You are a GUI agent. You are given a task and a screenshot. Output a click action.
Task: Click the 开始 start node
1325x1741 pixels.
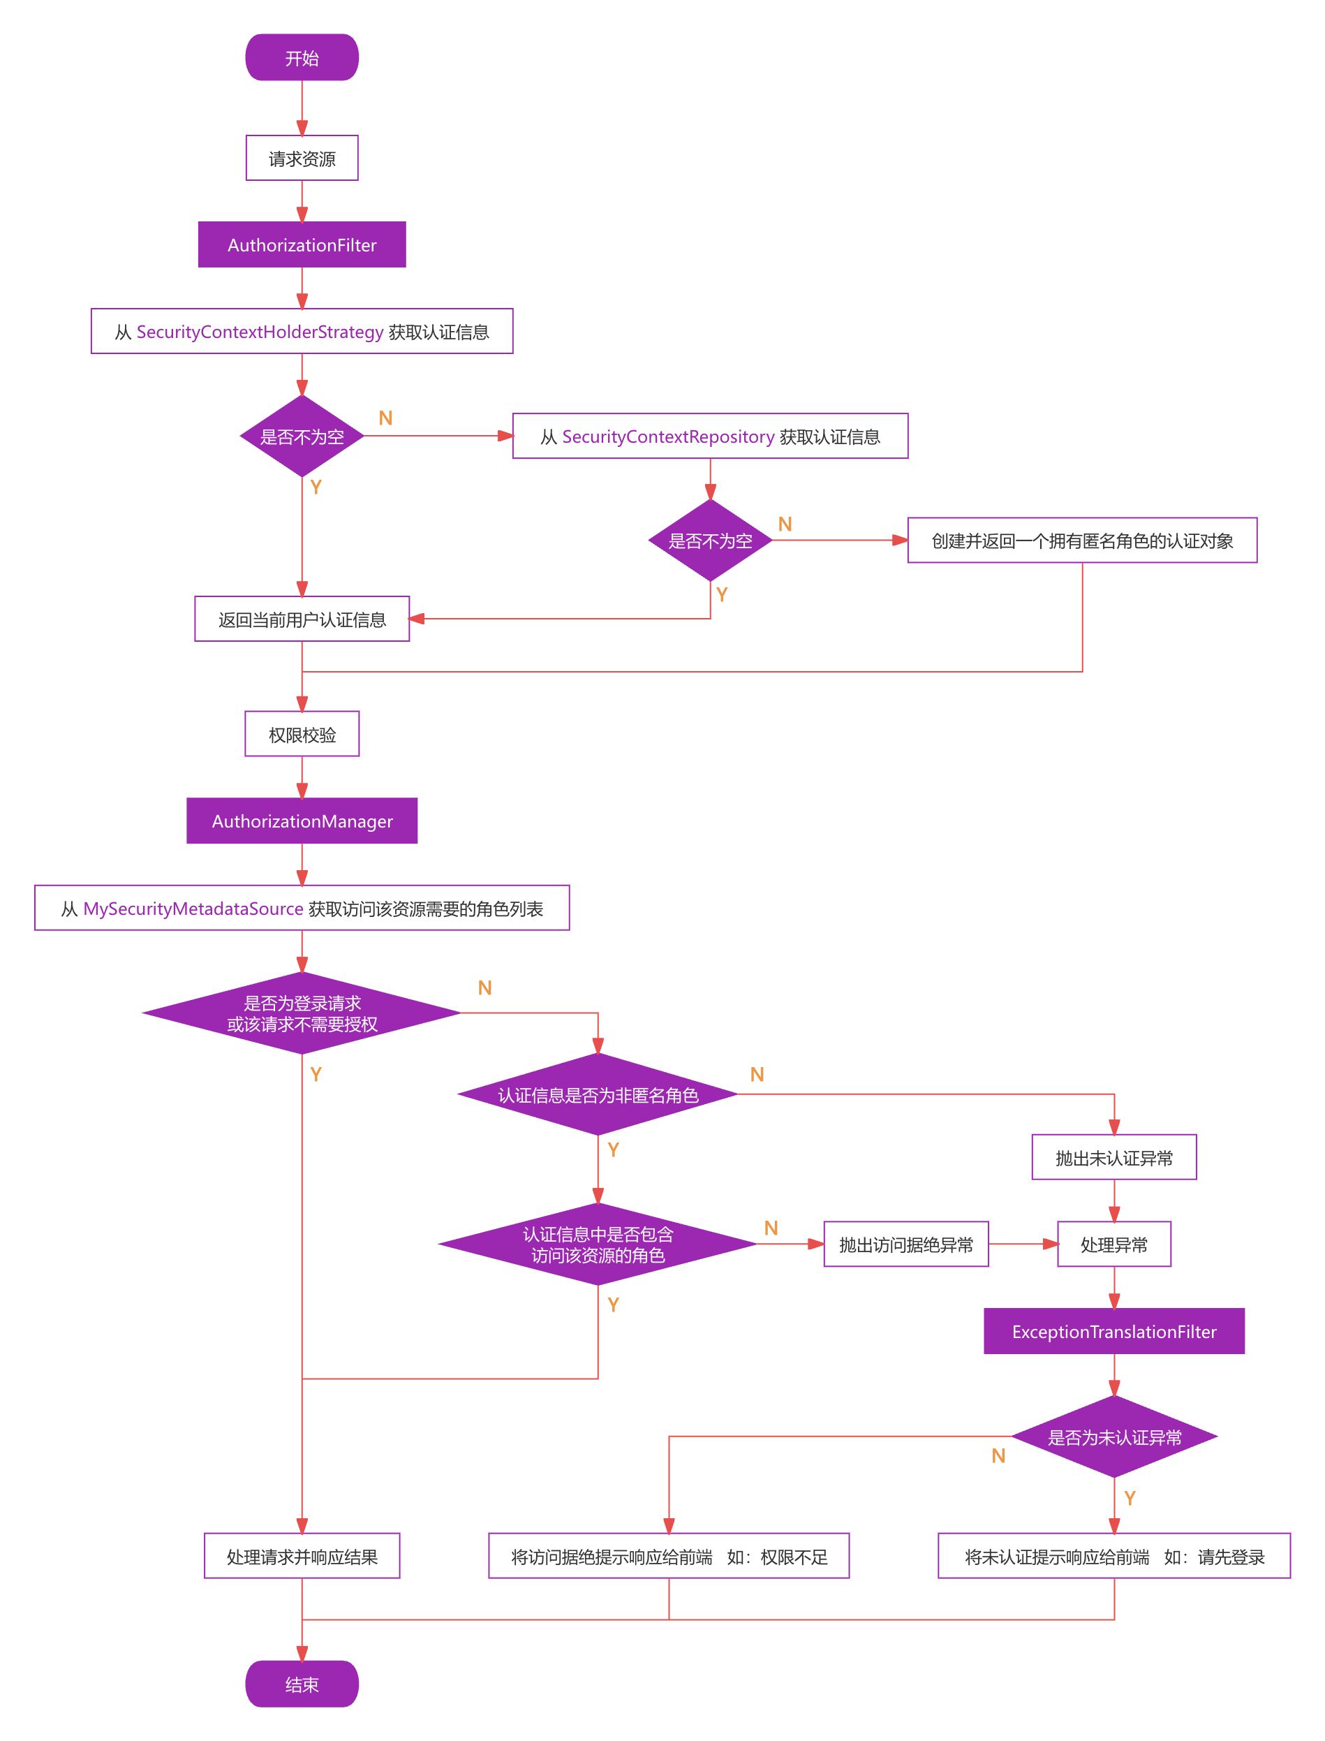pos(302,57)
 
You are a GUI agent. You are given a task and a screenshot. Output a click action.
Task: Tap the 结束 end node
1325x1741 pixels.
pos(302,1684)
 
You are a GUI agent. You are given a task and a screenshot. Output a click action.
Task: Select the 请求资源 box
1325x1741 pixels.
pos(302,159)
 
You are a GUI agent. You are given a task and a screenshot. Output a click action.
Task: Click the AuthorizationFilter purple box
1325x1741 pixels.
pos(302,245)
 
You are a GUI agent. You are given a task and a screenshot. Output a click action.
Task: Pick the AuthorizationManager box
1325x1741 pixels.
pos(302,821)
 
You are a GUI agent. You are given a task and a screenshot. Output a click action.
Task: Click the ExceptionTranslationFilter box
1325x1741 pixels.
pos(1113,1332)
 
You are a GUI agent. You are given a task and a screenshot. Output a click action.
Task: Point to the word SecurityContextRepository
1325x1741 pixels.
pos(668,436)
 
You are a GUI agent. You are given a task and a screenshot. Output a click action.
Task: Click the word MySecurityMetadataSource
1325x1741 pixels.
pos(193,909)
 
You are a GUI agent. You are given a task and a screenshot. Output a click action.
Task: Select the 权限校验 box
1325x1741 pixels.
pos(302,735)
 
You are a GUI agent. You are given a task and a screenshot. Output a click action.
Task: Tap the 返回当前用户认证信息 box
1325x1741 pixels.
pos(302,619)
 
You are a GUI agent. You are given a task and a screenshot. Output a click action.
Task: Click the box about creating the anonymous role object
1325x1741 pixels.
pos(1082,541)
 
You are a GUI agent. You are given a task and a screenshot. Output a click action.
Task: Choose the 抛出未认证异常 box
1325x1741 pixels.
pos(1113,1158)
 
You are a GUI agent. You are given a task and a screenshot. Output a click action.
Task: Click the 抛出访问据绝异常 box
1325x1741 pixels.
pos(906,1244)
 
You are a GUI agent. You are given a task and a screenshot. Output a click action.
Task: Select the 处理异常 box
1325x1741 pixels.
pos(1113,1244)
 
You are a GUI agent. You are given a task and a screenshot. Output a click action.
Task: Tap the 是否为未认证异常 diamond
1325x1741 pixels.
pos(1113,1437)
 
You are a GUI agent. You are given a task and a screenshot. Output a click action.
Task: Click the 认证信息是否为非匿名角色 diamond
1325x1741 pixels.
pos(598,1095)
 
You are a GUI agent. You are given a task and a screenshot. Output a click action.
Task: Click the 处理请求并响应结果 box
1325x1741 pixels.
pos(302,1557)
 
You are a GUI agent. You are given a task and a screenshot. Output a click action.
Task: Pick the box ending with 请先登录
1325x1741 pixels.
pos(1113,1557)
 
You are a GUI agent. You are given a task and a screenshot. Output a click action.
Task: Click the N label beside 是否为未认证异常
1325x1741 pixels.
pos(998,1456)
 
